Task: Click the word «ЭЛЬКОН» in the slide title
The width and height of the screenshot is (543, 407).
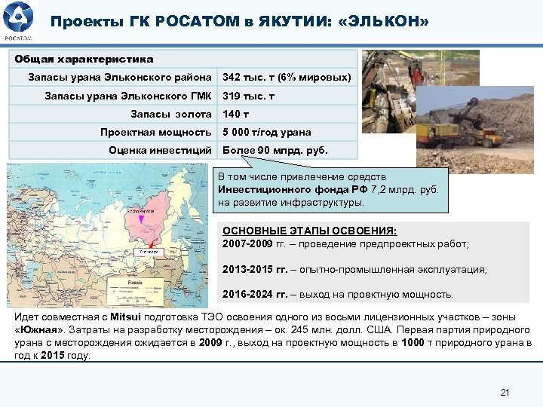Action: (x=384, y=22)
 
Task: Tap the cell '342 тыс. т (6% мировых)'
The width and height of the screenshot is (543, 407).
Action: (x=287, y=78)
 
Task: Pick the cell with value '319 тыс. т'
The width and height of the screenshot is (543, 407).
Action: (x=248, y=96)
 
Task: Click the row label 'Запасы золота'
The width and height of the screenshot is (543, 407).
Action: (x=171, y=114)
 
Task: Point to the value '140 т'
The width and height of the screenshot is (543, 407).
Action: (x=237, y=114)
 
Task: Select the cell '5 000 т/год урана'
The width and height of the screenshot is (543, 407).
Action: (x=266, y=132)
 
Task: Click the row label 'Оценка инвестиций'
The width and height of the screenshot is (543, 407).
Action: (x=160, y=150)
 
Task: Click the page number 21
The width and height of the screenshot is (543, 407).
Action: (x=505, y=392)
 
